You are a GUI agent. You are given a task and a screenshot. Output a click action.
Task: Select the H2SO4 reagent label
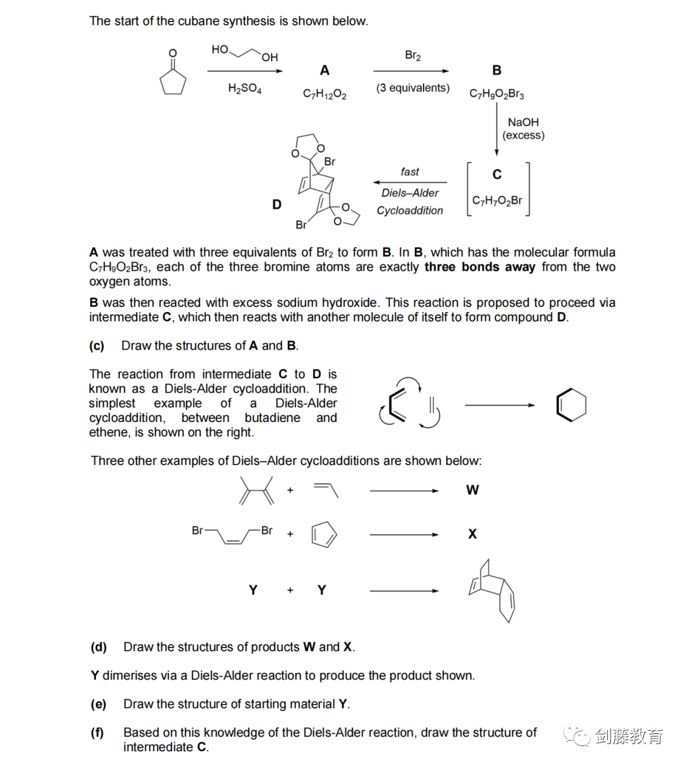click(x=245, y=88)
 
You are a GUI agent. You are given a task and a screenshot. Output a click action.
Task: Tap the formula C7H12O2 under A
click(x=325, y=94)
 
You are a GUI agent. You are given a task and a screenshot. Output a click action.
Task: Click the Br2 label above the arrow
click(x=413, y=55)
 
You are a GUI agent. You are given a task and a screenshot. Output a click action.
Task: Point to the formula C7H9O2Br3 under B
click(x=497, y=94)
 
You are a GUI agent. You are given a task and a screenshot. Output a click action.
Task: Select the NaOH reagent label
click(x=523, y=122)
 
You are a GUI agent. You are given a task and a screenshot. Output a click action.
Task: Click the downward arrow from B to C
click(x=497, y=129)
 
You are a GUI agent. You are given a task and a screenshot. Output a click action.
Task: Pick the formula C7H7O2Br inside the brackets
click(x=497, y=201)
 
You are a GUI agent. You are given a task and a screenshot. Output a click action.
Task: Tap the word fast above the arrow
click(x=410, y=172)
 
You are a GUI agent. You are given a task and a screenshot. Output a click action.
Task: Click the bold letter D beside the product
click(x=277, y=205)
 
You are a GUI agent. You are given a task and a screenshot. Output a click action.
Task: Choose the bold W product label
click(x=473, y=490)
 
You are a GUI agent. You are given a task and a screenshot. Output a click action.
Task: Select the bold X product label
click(x=473, y=534)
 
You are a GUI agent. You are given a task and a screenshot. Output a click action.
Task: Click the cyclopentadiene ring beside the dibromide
click(x=324, y=534)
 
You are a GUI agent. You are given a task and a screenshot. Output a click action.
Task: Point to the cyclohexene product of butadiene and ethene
click(x=572, y=405)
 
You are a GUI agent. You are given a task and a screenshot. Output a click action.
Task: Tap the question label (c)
click(x=97, y=346)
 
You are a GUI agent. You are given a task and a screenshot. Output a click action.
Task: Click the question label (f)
click(x=97, y=733)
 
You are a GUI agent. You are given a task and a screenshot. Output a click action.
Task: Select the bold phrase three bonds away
click(x=480, y=267)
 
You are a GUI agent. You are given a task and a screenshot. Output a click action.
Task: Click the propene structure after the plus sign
click(x=326, y=490)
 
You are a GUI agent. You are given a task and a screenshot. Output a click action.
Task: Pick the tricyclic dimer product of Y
click(x=492, y=590)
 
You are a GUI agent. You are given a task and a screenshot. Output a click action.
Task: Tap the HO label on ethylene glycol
click(x=220, y=50)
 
